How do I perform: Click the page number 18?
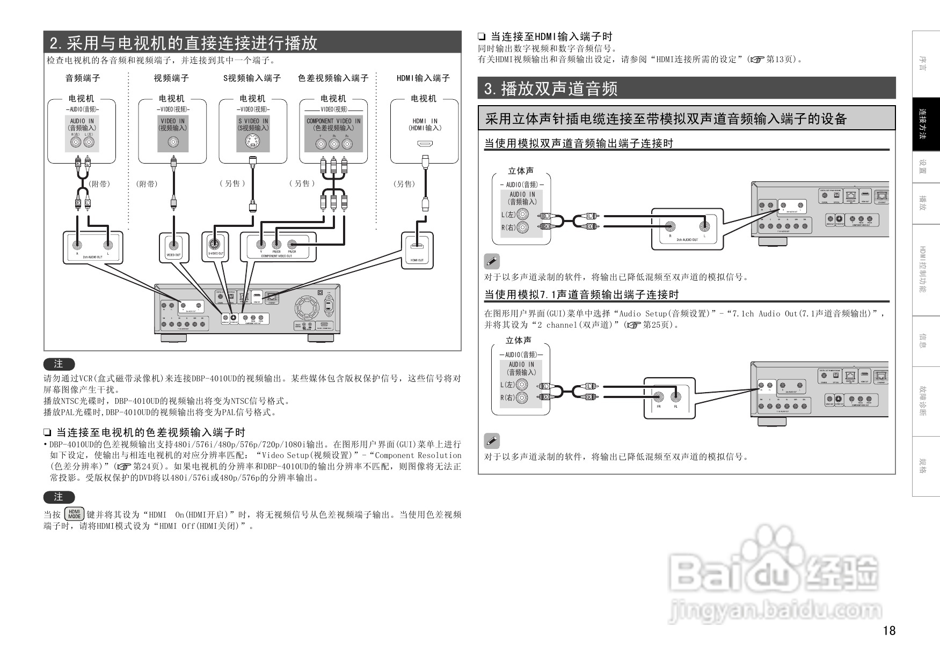(889, 630)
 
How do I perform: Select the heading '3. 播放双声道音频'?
(551, 89)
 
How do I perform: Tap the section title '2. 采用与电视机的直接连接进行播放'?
(184, 43)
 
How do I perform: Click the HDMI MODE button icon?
(74, 514)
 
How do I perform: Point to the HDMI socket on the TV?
(424, 143)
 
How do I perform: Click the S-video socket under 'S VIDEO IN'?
(253, 142)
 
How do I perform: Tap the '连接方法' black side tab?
(926, 125)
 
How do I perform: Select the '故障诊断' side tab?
(926, 401)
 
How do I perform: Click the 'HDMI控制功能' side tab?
(926, 269)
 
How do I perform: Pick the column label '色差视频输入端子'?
(333, 78)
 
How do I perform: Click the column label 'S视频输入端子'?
(252, 78)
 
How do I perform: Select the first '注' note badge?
(59, 364)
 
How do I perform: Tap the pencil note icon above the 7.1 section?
(491, 261)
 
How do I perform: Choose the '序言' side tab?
(926, 64)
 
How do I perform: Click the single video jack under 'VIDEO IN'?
(173, 142)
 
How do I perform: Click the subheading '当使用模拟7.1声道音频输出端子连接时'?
(581, 294)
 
